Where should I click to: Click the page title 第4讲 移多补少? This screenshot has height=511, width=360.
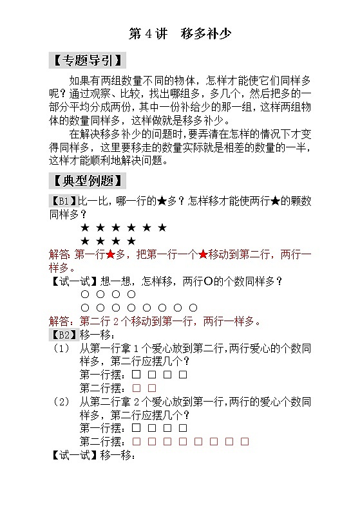tap(180, 33)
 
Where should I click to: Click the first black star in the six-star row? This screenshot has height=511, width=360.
tap(84, 228)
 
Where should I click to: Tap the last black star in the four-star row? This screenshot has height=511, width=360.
tap(131, 241)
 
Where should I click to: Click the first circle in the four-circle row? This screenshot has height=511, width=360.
tap(84, 294)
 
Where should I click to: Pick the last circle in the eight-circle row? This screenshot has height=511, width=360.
tap(194, 308)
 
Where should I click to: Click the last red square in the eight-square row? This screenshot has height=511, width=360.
tap(245, 441)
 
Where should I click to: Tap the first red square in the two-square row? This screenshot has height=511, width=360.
tap(136, 388)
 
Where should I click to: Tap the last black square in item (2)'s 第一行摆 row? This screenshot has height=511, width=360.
tap(183, 428)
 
